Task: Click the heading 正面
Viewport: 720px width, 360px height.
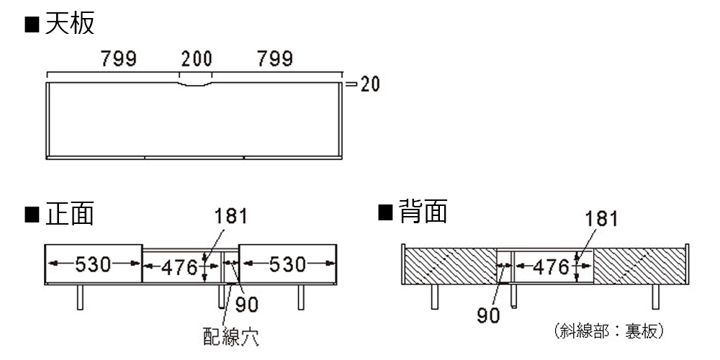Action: (x=69, y=214)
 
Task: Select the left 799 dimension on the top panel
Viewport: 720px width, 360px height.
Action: (x=119, y=59)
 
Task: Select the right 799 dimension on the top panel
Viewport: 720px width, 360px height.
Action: (x=275, y=59)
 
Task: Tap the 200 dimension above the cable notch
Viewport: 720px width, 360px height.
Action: (x=197, y=59)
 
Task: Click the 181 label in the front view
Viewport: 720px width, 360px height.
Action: (x=231, y=216)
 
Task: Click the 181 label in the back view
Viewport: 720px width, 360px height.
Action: (x=601, y=219)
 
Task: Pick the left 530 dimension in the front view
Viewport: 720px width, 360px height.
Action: (x=94, y=264)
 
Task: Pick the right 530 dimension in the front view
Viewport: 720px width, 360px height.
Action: (x=288, y=264)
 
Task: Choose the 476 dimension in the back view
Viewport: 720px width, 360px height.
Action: (x=552, y=267)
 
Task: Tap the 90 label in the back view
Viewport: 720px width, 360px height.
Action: (x=489, y=315)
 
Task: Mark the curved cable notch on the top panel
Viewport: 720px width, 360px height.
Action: (x=196, y=85)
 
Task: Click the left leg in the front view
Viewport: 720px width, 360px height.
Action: (x=80, y=297)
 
